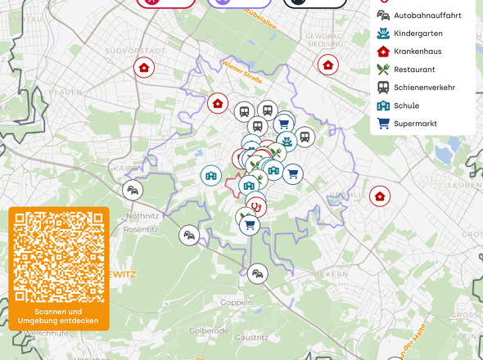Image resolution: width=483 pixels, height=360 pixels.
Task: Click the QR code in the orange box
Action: coord(59,256)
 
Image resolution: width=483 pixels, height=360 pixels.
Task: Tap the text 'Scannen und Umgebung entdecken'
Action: coord(59,317)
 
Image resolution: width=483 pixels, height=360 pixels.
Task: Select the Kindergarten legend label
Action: coord(418,34)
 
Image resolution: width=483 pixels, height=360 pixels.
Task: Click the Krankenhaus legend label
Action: coord(418,52)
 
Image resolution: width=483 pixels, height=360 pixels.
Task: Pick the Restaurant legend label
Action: coord(414,70)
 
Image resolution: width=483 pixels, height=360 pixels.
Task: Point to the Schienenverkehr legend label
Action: coord(424,88)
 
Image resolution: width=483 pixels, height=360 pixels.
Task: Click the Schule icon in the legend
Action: coord(382,106)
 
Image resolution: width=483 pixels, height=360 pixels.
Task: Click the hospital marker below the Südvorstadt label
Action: coord(145,68)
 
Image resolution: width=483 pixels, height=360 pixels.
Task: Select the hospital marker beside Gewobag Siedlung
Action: coord(327,65)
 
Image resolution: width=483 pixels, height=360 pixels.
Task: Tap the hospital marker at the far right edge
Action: coord(380,196)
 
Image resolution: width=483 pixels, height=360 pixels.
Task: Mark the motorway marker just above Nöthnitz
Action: coord(133,191)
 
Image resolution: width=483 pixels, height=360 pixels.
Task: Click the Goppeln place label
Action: coord(237,303)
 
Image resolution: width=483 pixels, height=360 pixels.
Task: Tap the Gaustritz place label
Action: coord(251,337)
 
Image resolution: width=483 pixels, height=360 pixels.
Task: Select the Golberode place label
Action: coord(209,331)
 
